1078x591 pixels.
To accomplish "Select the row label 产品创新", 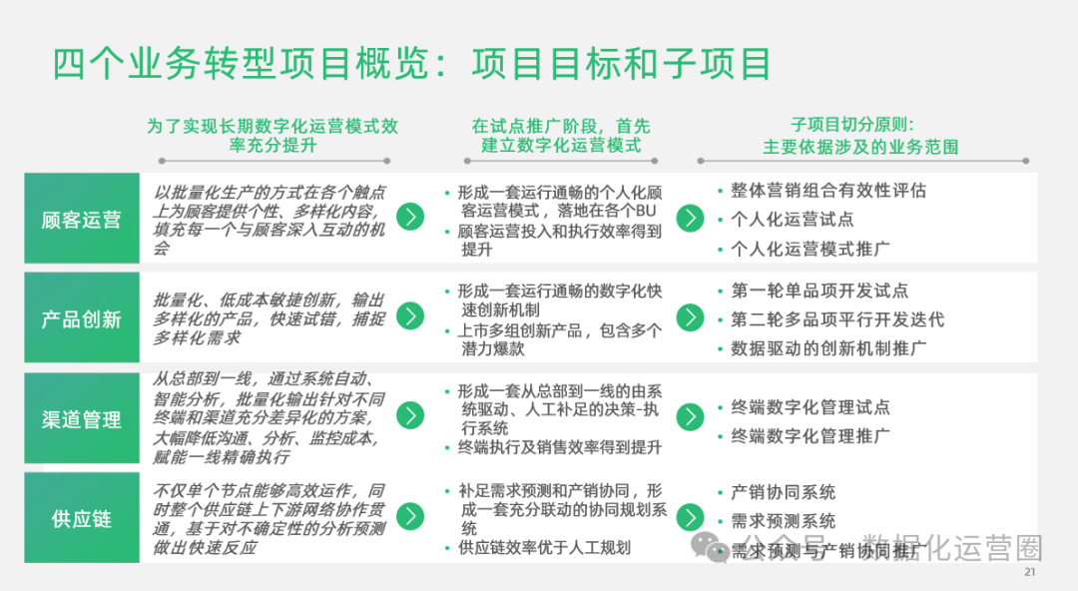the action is click(x=82, y=319).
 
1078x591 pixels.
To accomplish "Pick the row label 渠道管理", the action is click(x=82, y=419).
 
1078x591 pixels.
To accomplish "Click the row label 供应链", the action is click(x=82, y=519).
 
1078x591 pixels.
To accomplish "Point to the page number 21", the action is click(x=1031, y=573).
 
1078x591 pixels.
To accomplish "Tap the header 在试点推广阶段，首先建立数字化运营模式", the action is click(x=561, y=136).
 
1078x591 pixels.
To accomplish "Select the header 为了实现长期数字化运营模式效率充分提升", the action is click(x=272, y=136).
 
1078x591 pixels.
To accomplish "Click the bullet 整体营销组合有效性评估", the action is click(x=828, y=191).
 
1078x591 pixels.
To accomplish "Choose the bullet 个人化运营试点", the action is click(x=793, y=220).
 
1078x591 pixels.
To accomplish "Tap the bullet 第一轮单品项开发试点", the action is click(x=819, y=292).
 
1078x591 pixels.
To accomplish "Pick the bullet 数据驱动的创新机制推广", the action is click(x=828, y=348).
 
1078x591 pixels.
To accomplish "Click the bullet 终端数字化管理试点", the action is click(x=810, y=407).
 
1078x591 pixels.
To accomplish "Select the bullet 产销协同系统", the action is click(x=784, y=492).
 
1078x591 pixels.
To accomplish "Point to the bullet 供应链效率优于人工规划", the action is click(x=544, y=548).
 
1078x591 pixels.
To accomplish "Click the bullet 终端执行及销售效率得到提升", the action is click(x=559, y=448).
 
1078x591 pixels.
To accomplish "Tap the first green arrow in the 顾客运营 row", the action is click(x=410, y=217).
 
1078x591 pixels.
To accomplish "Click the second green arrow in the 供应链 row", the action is click(x=690, y=516).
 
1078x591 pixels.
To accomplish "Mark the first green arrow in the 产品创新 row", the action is click(x=410, y=316).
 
